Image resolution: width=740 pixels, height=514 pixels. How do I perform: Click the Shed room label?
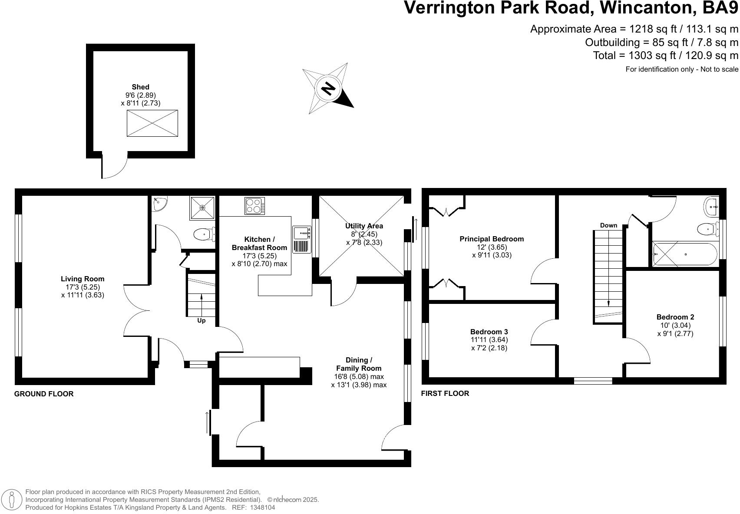coord(140,87)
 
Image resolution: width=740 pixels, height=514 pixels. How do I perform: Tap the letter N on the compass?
coord(328,89)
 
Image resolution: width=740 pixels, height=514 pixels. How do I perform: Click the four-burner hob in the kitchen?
coord(255,206)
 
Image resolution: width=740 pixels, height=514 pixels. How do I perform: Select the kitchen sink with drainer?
coord(302,239)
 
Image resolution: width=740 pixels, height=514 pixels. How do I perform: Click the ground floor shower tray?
coord(202,208)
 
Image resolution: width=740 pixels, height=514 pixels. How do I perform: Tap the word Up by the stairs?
coord(202,320)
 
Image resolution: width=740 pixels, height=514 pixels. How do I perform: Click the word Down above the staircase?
coord(608,225)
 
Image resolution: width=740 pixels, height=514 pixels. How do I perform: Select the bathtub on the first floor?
coord(685,254)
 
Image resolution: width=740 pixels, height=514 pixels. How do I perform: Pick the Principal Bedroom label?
coord(492,239)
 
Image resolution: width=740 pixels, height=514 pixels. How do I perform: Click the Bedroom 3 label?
coord(489,332)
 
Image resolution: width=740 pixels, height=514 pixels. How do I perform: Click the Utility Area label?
coord(364,226)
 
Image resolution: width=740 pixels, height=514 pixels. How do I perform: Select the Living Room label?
coord(83,279)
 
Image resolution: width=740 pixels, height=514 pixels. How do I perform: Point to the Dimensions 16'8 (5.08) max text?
coord(359,376)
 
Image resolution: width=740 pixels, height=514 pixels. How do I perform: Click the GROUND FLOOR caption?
coord(44,394)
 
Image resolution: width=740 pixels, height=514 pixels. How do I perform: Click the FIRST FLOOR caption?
coord(445,393)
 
